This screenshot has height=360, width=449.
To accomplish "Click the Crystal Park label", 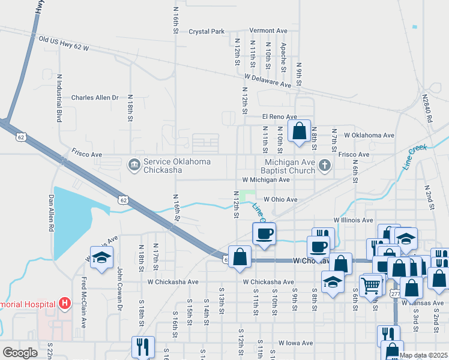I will pos(206,31).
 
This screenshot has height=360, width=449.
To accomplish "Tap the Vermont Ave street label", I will pos(268,31).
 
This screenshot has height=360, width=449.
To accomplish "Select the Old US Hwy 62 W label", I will pos(64,43).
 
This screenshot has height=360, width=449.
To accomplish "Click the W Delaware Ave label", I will pos(267,80).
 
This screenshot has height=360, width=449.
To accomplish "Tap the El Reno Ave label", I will pos(279,117).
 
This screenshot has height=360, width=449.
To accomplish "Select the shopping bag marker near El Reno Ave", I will pos(299,131).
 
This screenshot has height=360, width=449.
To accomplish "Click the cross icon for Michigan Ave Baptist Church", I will pos(325,165).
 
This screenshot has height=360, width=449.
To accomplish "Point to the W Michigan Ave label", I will pos(266,180).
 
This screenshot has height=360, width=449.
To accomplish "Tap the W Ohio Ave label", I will pos(278,200).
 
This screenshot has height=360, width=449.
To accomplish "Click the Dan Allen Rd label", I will pos(52,212).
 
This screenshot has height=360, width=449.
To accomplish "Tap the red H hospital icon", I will pos(65,304).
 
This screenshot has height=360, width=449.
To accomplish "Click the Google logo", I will pos(20,353).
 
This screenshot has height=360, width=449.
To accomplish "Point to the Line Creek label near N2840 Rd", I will pos(415,158).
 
